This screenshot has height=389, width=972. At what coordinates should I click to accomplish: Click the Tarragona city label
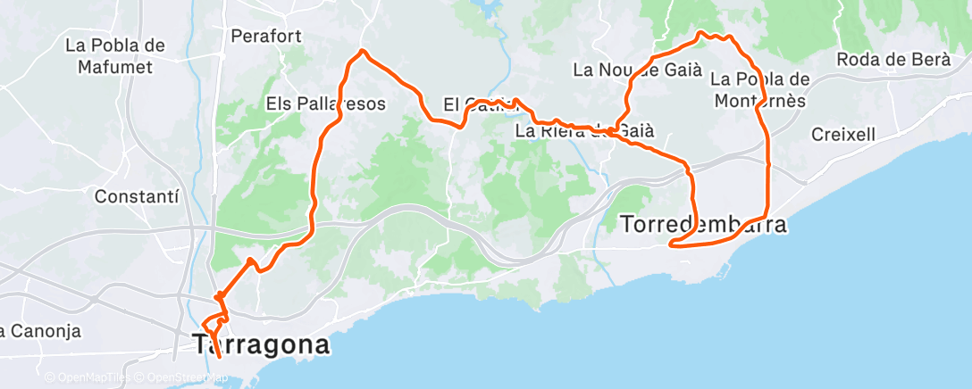click(x=262, y=344)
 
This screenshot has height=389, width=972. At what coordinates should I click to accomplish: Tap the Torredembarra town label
click(x=703, y=225)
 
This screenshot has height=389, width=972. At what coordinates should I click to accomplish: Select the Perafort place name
click(x=266, y=37)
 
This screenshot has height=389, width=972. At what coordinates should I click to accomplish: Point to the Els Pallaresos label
click(x=325, y=103)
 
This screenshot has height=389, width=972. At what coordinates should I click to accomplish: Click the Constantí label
click(x=137, y=194)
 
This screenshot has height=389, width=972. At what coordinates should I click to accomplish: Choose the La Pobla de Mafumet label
click(x=116, y=55)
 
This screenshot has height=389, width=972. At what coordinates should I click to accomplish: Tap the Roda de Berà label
click(x=894, y=60)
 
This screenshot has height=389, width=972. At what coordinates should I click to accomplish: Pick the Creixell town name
click(x=844, y=134)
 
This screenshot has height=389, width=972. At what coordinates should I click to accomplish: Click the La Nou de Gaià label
click(x=624, y=69)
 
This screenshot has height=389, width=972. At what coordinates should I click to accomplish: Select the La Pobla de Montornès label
click(x=760, y=89)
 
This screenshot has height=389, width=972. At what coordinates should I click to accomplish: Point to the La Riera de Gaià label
click(x=585, y=130)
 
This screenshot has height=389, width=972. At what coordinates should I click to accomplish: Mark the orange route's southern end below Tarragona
click(x=220, y=359)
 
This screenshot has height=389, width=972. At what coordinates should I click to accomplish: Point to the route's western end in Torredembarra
click(x=669, y=243)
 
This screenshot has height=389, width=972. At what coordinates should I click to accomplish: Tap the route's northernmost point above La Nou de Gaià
click(x=701, y=33)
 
